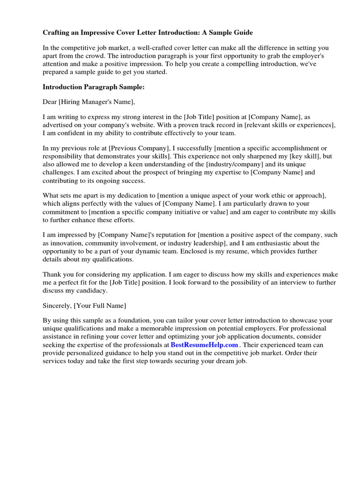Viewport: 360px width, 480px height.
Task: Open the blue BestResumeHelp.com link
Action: [208, 345]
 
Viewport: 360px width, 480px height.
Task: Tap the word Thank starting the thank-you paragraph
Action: [52, 274]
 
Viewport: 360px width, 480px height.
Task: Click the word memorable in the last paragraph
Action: [171, 329]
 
